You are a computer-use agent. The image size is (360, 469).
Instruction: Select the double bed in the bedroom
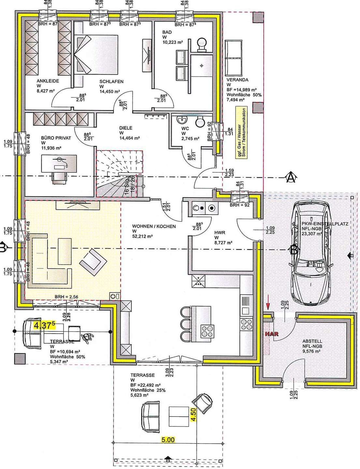(97, 54)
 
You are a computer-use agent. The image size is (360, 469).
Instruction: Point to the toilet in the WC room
(199, 122)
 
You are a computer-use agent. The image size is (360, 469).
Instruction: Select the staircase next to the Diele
(119, 173)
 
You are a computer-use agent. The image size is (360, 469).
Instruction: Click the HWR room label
(220, 233)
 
